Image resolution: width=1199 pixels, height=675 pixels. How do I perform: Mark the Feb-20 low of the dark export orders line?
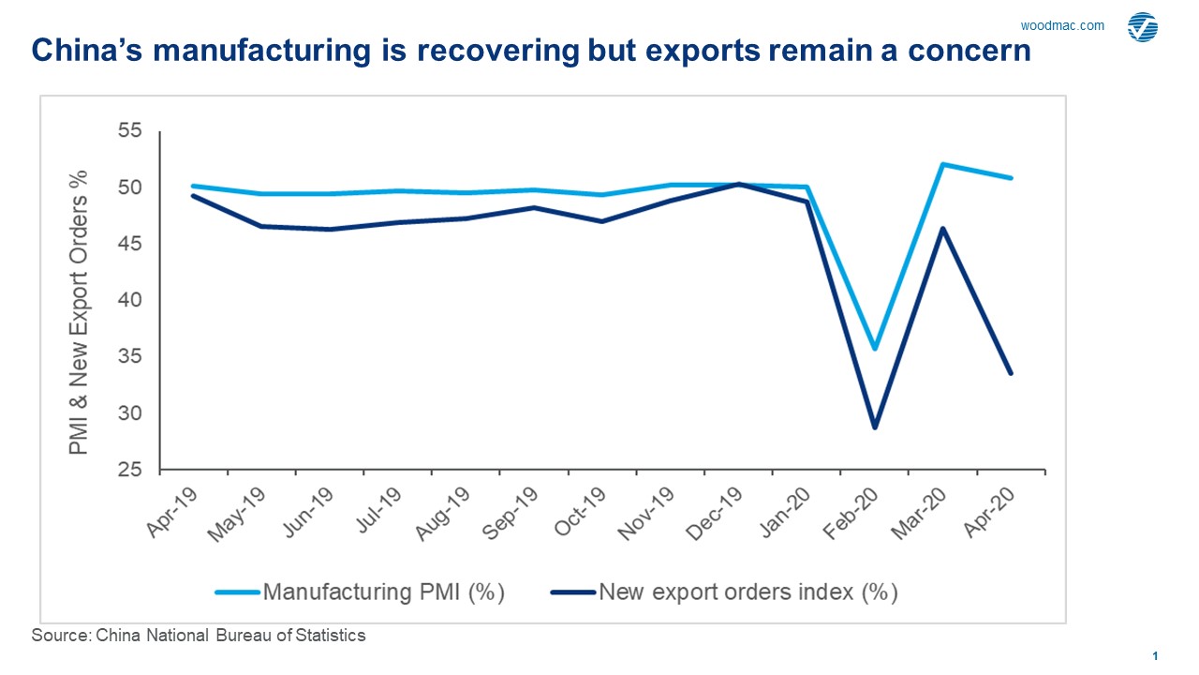(x=875, y=427)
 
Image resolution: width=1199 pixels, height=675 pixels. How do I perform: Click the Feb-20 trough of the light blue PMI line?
(x=875, y=349)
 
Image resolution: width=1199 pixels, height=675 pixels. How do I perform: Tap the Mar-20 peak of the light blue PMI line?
(x=942, y=164)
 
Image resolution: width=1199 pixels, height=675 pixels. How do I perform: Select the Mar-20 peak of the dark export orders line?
(x=942, y=228)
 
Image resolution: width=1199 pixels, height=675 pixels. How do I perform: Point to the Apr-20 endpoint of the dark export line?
(x=1011, y=373)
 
